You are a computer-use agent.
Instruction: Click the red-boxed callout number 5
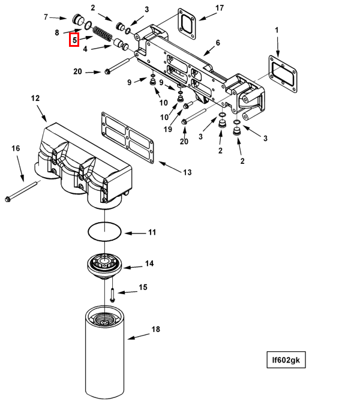tap(74, 40)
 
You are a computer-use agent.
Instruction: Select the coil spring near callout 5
tap(103, 34)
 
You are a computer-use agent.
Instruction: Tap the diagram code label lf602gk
tap(286, 360)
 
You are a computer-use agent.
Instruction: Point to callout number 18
tap(155, 329)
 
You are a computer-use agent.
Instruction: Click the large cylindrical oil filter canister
tap(104, 352)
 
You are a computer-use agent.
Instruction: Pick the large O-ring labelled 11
tap(104, 232)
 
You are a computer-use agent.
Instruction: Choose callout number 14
tap(149, 264)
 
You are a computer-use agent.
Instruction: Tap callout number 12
tap(35, 98)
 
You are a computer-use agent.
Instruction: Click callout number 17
tap(220, 8)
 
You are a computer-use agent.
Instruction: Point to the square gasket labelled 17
tap(187, 23)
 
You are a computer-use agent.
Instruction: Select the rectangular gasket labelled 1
tap(283, 74)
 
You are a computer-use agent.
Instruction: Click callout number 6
tap(218, 43)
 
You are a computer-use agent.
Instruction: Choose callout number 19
tap(168, 129)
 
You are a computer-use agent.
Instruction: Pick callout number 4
tap(85, 49)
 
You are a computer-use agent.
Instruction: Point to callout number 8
tap(57, 33)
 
